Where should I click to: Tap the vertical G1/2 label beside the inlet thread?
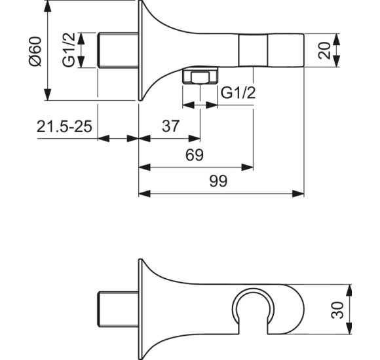coord(68,51)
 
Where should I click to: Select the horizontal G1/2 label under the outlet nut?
coord(237,93)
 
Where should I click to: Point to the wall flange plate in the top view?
coord(140,50)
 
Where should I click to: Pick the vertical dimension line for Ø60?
coord(50,50)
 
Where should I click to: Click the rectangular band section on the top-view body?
coord(253,50)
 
